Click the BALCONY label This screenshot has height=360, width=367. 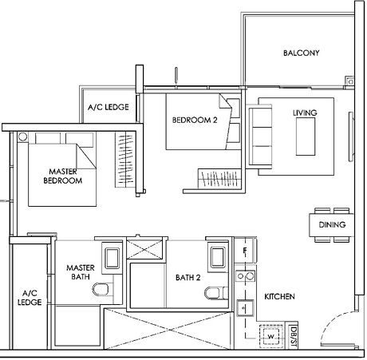tap(301, 53)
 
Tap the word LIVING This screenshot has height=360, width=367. tap(305, 113)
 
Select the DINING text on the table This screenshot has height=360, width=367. tap(332, 225)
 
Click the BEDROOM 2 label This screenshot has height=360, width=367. tap(194, 121)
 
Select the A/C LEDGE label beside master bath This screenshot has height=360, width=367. tap(30, 297)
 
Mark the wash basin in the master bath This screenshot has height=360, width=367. tap(110, 256)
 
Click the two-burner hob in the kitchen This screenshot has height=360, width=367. tap(244, 277)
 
